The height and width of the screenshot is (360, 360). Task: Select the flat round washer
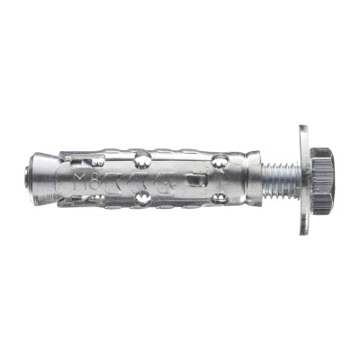304,180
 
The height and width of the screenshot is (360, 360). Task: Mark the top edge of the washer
304,128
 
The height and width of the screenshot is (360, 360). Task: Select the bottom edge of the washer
304,232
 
